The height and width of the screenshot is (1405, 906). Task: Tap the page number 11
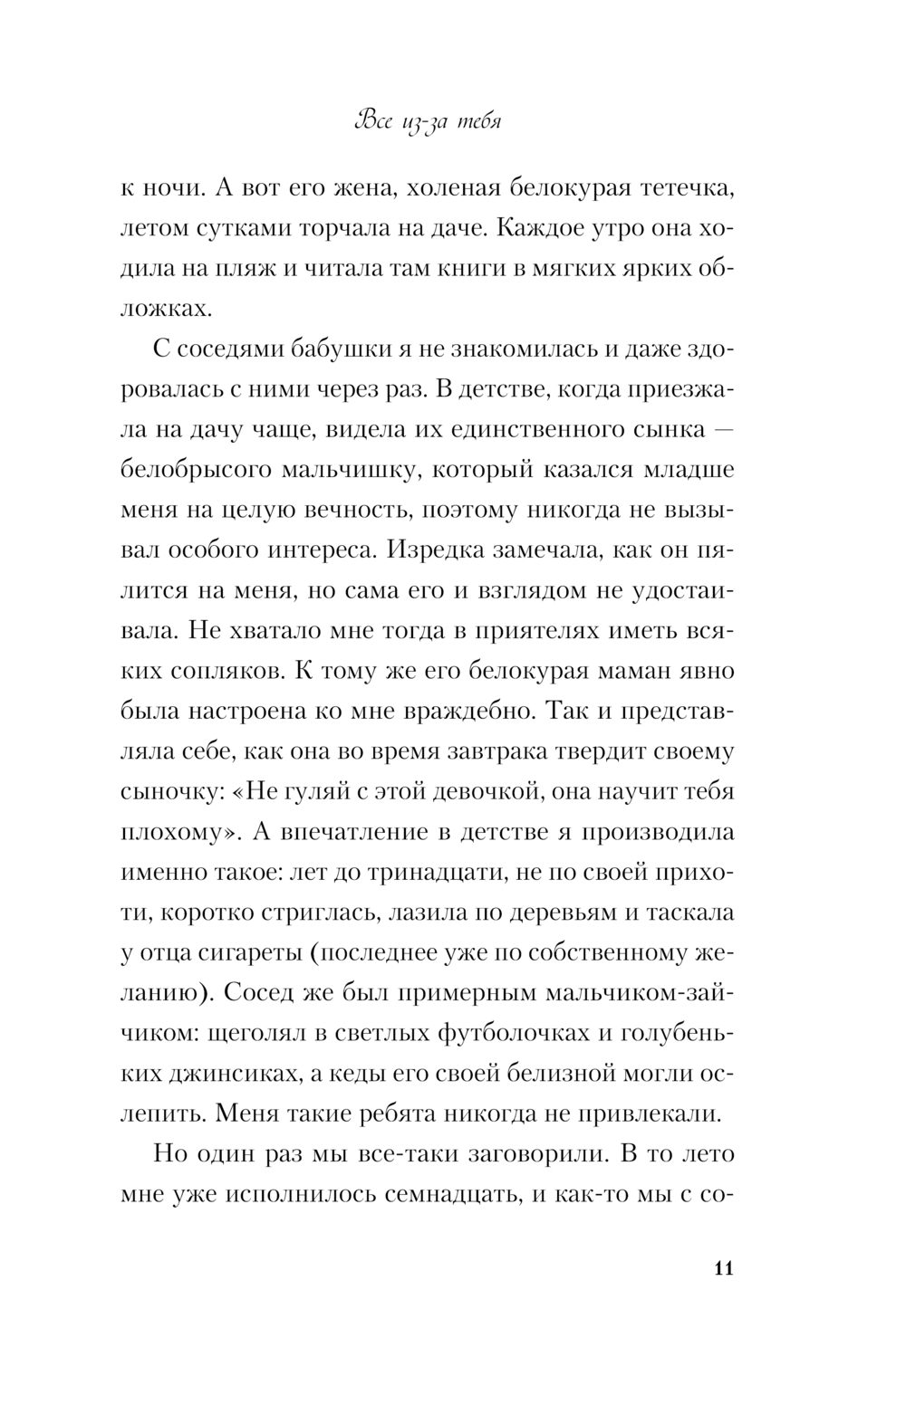pyautogui.click(x=723, y=1266)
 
